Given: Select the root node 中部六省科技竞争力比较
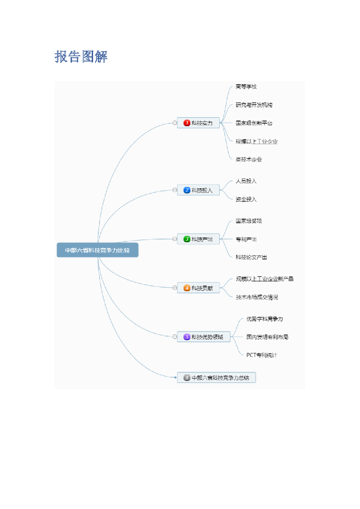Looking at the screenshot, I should (x=97, y=251).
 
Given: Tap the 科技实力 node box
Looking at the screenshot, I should (x=198, y=123).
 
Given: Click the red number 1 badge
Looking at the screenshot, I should (x=187, y=123).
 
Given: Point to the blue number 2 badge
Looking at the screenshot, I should (x=187, y=190).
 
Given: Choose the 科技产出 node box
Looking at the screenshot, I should (x=198, y=239).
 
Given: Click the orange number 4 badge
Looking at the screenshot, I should (x=187, y=288).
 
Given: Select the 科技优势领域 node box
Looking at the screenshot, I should (x=203, y=337).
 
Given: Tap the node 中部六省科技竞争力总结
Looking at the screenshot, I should (x=216, y=378).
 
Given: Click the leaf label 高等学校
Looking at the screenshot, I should (x=246, y=86).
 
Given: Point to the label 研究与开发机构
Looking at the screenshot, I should (x=254, y=105).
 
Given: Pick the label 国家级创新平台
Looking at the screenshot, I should (x=254, y=123).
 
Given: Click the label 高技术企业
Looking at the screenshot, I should (x=249, y=160).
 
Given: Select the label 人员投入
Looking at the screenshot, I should (x=246, y=181).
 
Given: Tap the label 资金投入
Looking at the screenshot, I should (x=246, y=199).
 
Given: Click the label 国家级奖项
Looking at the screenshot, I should (x=249, y=221).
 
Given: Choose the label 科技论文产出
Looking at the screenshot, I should (x=252, y=257).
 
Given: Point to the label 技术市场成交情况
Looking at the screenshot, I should (x=257, y=297).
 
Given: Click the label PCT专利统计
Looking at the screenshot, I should (x=262, y=355).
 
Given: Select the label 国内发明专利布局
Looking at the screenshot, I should (x=267, y=337).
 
